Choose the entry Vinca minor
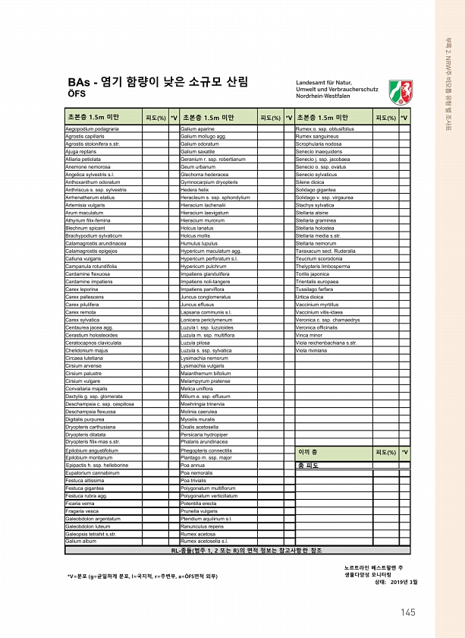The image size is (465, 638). [309, 334]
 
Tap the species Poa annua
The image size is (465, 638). [190, 465]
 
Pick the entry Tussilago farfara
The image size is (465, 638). [313, 289]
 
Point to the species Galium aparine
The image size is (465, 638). [197, 129]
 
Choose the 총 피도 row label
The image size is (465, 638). [309, 465]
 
